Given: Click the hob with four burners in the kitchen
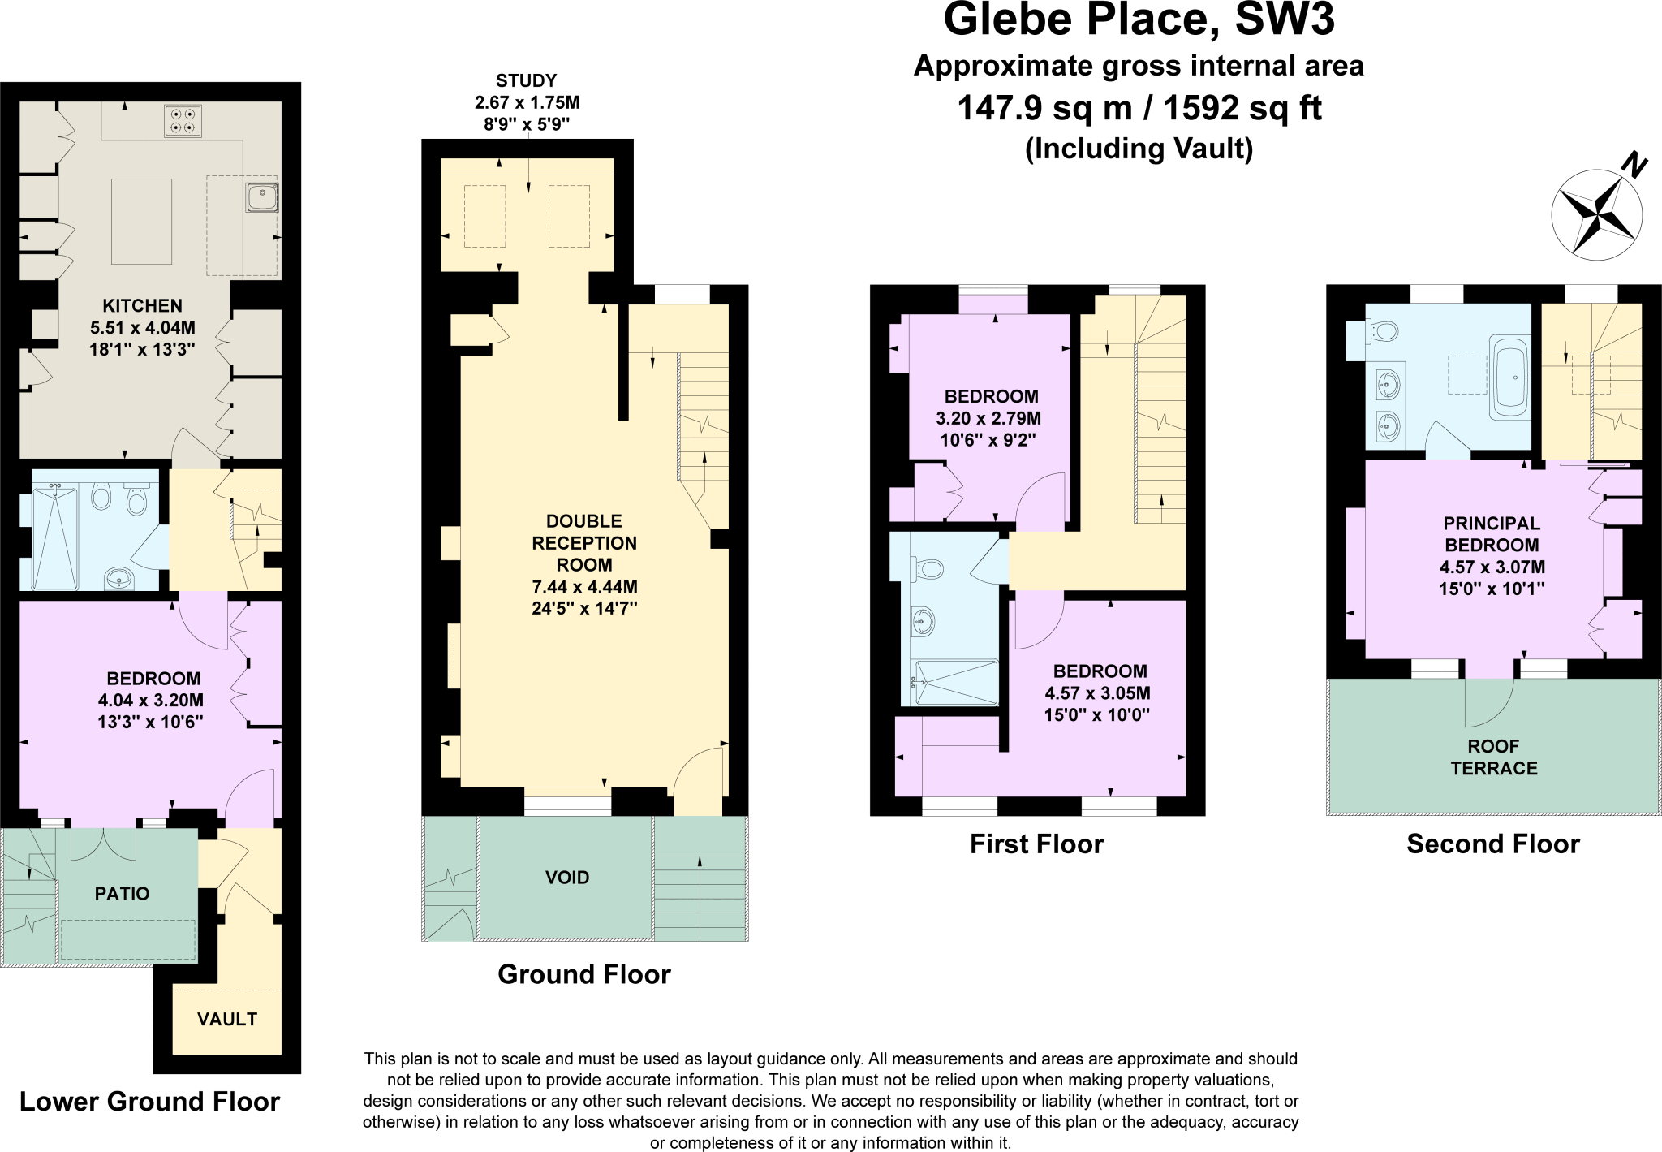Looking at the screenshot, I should tap(183, 121).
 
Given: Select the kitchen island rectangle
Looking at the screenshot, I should tap(141, 222).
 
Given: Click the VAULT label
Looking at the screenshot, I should tap(227, 1019).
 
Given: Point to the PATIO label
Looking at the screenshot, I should tap(122, 894).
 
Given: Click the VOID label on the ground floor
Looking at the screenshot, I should tap(567, 878).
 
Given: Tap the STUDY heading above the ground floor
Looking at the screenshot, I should tap(527, 80).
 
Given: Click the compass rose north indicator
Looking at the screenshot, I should tap(1633, 167).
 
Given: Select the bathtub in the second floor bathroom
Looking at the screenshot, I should tap(1510, 378).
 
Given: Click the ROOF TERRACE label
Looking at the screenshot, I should tap(1494, 757).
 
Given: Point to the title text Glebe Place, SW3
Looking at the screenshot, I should tap(1139, 20).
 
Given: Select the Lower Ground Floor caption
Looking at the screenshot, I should tap(149, 1102).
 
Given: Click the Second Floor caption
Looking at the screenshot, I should tap(1492, 844).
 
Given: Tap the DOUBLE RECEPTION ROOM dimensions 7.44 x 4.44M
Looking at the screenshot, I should tap(584, 587).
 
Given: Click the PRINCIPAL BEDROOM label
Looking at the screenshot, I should tap(1492, 534).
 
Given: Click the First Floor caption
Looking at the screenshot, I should tap(1036, 844).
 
